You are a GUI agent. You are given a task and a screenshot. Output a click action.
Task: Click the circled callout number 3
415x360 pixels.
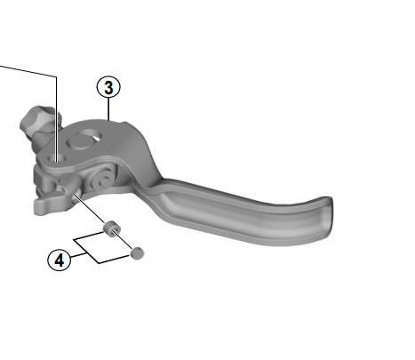tap(108, 87)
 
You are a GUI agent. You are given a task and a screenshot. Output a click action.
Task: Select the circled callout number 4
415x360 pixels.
tap(60, 260)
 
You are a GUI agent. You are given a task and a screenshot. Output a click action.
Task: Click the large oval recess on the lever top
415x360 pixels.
tap(84, 139)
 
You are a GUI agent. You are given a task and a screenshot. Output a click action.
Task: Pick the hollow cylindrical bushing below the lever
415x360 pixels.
tap(112, 228)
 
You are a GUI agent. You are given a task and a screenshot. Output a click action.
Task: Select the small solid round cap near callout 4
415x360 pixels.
tap(137, 253)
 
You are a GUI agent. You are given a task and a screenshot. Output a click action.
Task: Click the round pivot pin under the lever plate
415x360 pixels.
tap(101, 180)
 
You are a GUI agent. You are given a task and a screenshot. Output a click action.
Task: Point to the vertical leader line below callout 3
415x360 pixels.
tap(108, 109)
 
